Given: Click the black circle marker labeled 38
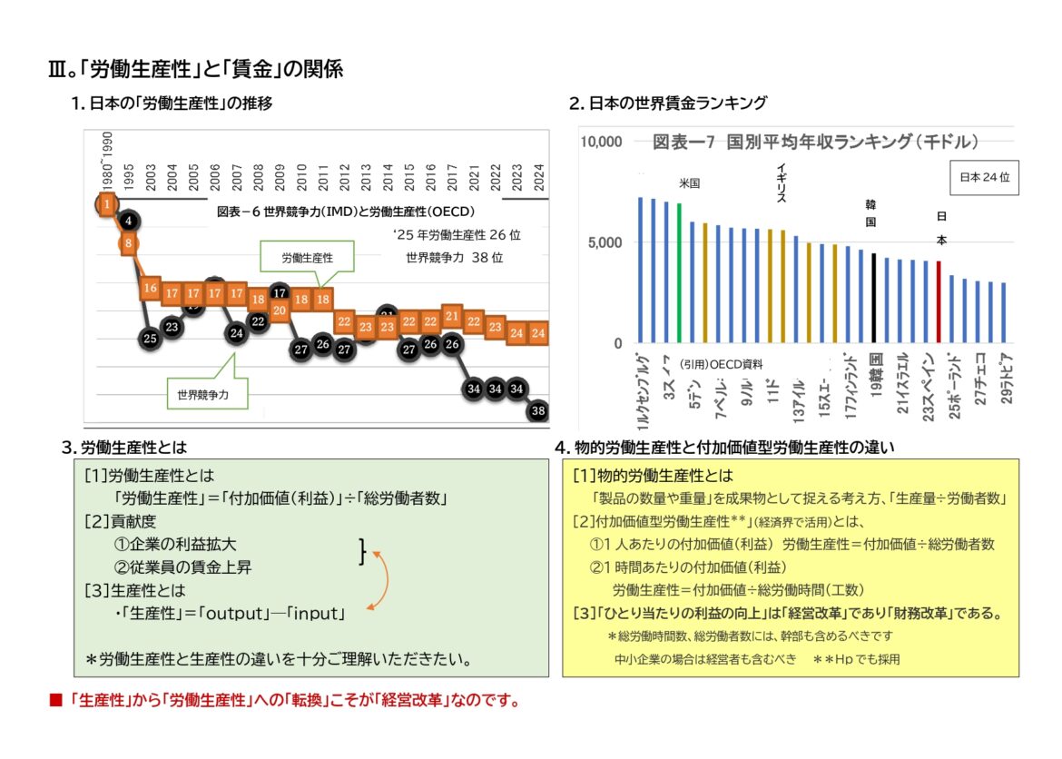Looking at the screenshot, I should point(539,410).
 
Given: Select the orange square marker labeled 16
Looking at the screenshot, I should point(150,288).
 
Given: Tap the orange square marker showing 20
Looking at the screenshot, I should point(280,310).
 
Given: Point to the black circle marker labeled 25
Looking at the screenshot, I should point(150,339).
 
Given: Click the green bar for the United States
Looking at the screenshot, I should point(679,273).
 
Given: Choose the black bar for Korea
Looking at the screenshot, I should point(873,298).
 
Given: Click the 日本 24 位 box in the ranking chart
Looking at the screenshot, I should point(984,178).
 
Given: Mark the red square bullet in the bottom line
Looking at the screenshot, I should point(54,701).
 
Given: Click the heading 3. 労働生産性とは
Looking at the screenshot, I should point(125,447).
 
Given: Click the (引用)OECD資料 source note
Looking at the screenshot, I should point(721,363).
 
